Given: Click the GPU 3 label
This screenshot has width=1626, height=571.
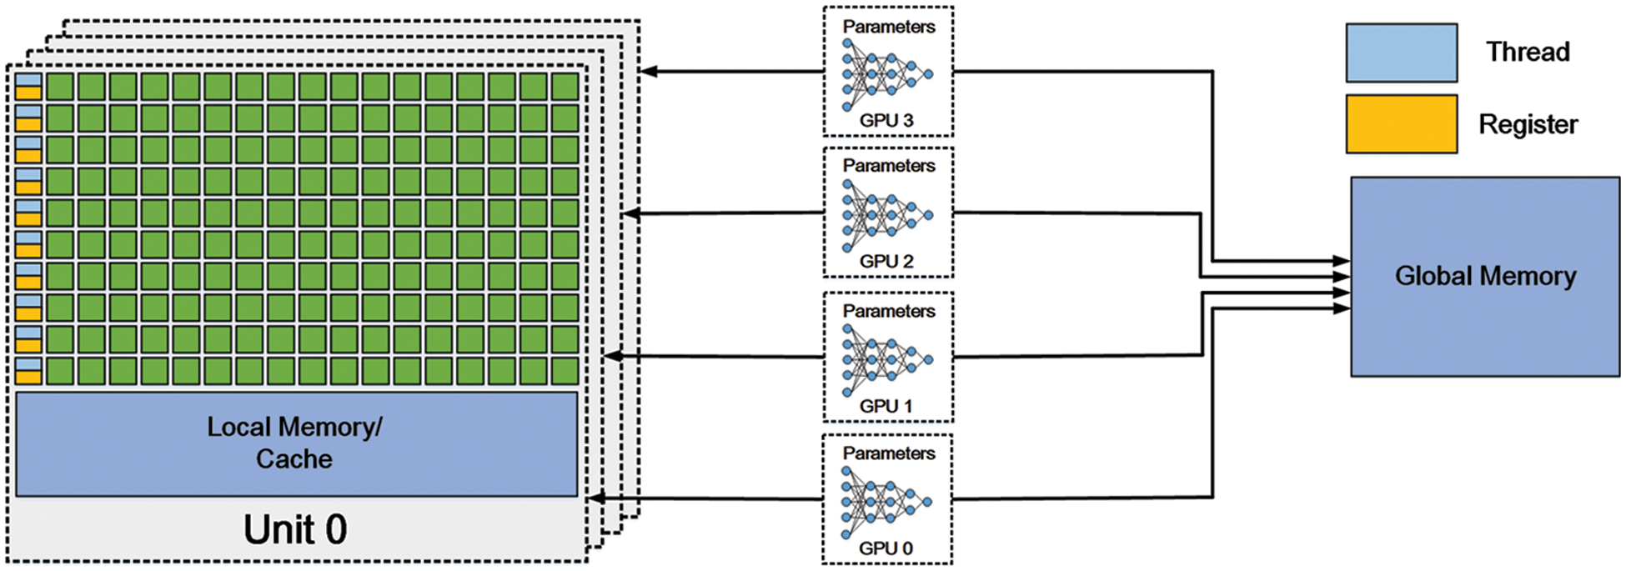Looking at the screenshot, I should point(886,121).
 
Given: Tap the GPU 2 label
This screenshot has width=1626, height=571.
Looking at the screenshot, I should point(886,262).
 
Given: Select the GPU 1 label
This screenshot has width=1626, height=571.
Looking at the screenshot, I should point(886,407).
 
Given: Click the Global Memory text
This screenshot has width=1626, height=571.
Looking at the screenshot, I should point(1485,276).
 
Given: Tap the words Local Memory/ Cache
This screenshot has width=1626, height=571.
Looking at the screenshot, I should point(295,443).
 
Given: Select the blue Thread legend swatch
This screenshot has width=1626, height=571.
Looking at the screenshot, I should point(1401,53).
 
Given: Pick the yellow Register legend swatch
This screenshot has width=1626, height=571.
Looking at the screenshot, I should point(1401,124).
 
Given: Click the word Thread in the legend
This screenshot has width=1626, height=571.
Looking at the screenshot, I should point(1528,53).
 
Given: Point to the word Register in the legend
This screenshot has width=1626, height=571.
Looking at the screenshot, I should point(1528,125).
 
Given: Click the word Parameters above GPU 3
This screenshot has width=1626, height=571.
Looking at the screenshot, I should point(889,27).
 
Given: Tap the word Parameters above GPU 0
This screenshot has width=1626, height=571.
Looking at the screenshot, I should point(889,453).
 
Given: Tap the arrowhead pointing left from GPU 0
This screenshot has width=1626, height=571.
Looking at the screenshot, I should point(596,498).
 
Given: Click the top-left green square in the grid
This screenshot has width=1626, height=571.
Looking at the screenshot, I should point(60,87).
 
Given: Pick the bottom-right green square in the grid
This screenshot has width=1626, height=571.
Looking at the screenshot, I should point(565,371).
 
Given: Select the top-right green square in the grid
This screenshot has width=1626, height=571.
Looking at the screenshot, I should point(565,87).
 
